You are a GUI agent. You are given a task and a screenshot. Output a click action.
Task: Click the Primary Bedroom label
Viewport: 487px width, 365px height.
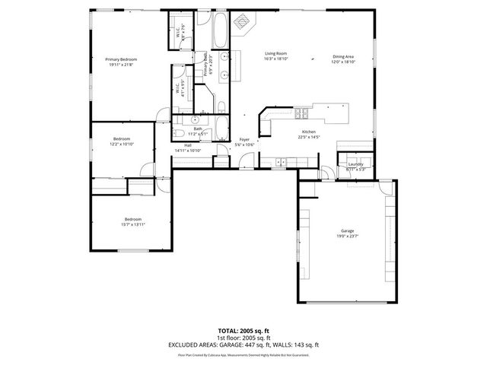coord(121,59)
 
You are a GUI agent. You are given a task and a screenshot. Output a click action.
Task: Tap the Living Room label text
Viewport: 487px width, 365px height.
coord(275,52)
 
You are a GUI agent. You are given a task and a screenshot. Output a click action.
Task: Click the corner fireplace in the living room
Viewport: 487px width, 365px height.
coord(243,24)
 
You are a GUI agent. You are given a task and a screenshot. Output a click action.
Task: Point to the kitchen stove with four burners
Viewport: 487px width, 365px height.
coord(301,115)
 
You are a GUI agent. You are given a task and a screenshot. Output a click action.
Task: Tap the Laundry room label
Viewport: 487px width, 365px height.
coord(355,163)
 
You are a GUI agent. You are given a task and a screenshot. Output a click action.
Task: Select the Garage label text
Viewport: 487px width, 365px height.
coord(347,230)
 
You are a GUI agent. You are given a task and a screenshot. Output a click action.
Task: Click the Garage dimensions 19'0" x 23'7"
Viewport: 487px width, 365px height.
coord(347,236)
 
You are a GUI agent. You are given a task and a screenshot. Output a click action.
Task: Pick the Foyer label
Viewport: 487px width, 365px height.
coord(244,139)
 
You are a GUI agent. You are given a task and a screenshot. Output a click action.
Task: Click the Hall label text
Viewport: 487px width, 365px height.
coord(187,144)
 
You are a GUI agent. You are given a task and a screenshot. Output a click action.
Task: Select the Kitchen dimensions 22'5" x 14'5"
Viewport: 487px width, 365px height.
coord(309,138)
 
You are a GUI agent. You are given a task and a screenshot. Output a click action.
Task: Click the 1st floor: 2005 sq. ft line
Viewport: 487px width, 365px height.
coord(243,339)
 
